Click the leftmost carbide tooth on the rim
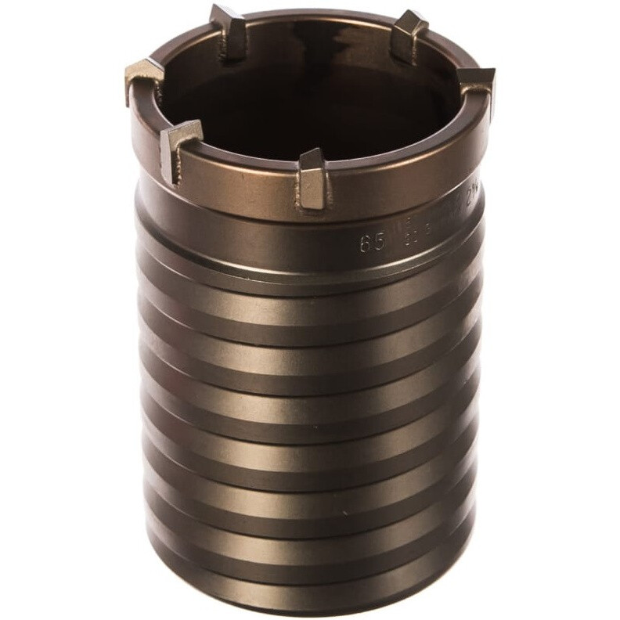coord(144,78)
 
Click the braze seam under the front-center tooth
coord(313,202)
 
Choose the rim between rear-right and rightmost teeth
coord(454,55)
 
